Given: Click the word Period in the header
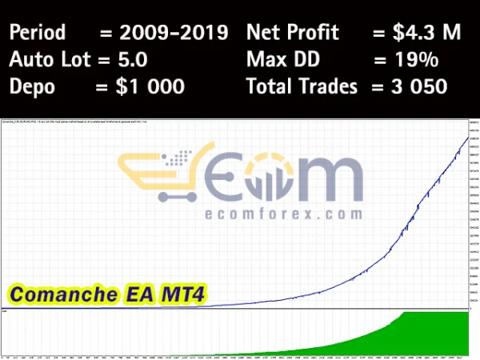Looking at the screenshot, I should click(38, 33).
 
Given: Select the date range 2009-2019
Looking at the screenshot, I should click(174, 33).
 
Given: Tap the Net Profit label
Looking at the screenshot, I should click(293, 33).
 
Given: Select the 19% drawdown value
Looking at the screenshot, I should click(416, 59).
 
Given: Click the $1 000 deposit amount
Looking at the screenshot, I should click(151, 86).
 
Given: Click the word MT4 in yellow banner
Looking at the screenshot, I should click(183, 295).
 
